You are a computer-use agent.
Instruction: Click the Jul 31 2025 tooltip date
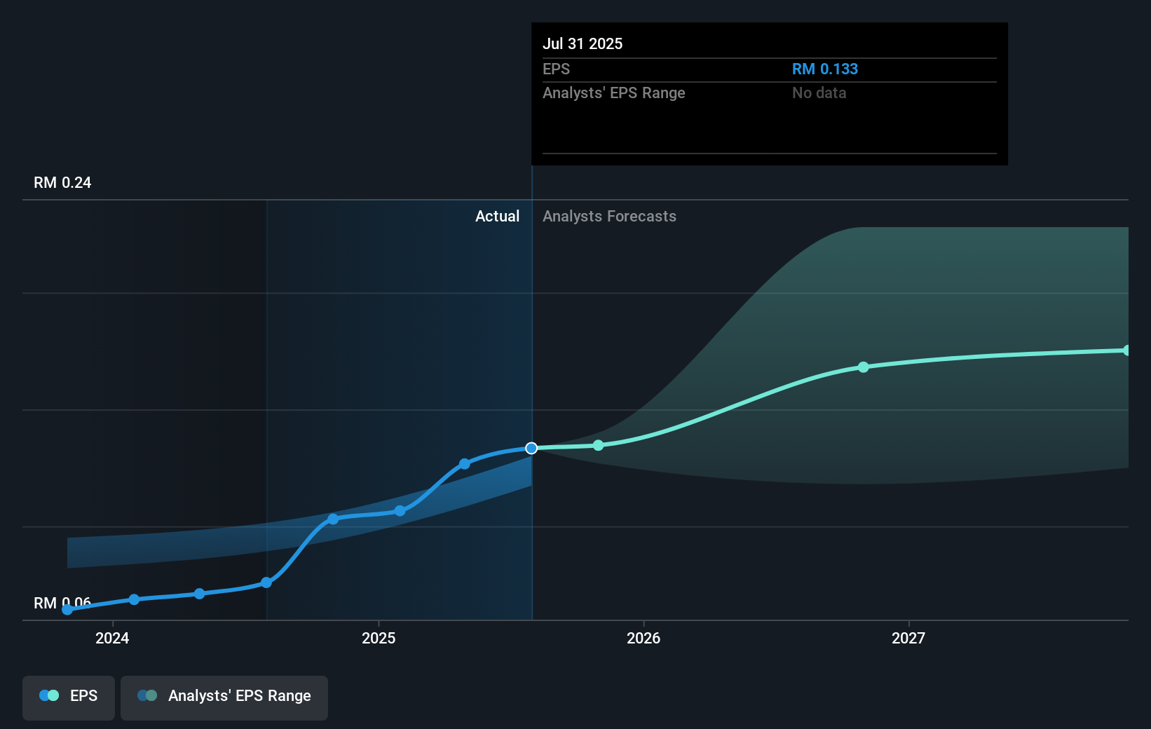point(583,43)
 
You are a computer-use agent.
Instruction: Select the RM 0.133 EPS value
point(824,69)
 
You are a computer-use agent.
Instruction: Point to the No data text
point(819,93)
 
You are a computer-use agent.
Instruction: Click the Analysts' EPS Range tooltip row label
point(613,93)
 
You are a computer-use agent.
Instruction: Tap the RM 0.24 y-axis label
point(62,182)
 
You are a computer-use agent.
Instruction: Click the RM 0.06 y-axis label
point(62,603)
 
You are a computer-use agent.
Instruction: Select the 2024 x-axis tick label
point(112,638)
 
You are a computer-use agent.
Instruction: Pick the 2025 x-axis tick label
point(379,638)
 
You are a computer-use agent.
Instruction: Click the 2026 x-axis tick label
point(643,638)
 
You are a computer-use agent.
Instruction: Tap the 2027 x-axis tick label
point(908,638)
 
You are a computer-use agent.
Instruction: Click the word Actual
point(497,216)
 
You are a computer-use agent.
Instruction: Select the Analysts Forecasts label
point(609,216)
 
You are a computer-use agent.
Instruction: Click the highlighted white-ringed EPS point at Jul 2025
point(531,448)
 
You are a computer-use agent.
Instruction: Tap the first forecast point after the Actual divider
point(598,445)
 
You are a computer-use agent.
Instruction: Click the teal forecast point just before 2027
point(864,367)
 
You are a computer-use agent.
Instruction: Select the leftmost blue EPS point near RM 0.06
point(67,610)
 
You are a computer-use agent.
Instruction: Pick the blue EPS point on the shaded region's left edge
point(266,582)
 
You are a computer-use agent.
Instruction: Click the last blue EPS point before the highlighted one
point(465,464)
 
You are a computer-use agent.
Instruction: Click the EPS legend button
point(69,697)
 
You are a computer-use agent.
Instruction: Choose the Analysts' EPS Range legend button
point(224,697)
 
